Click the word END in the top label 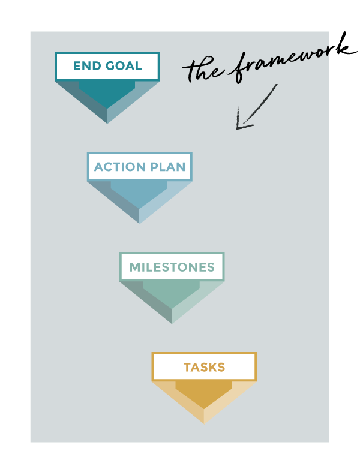86,67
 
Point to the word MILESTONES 172,267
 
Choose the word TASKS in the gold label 204,368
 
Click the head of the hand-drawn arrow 239,126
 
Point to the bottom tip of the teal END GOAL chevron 107,122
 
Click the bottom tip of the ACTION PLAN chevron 139,223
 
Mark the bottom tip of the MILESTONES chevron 172,323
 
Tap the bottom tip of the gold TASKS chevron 204,423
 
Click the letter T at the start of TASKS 187,368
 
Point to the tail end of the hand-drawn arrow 276,85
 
